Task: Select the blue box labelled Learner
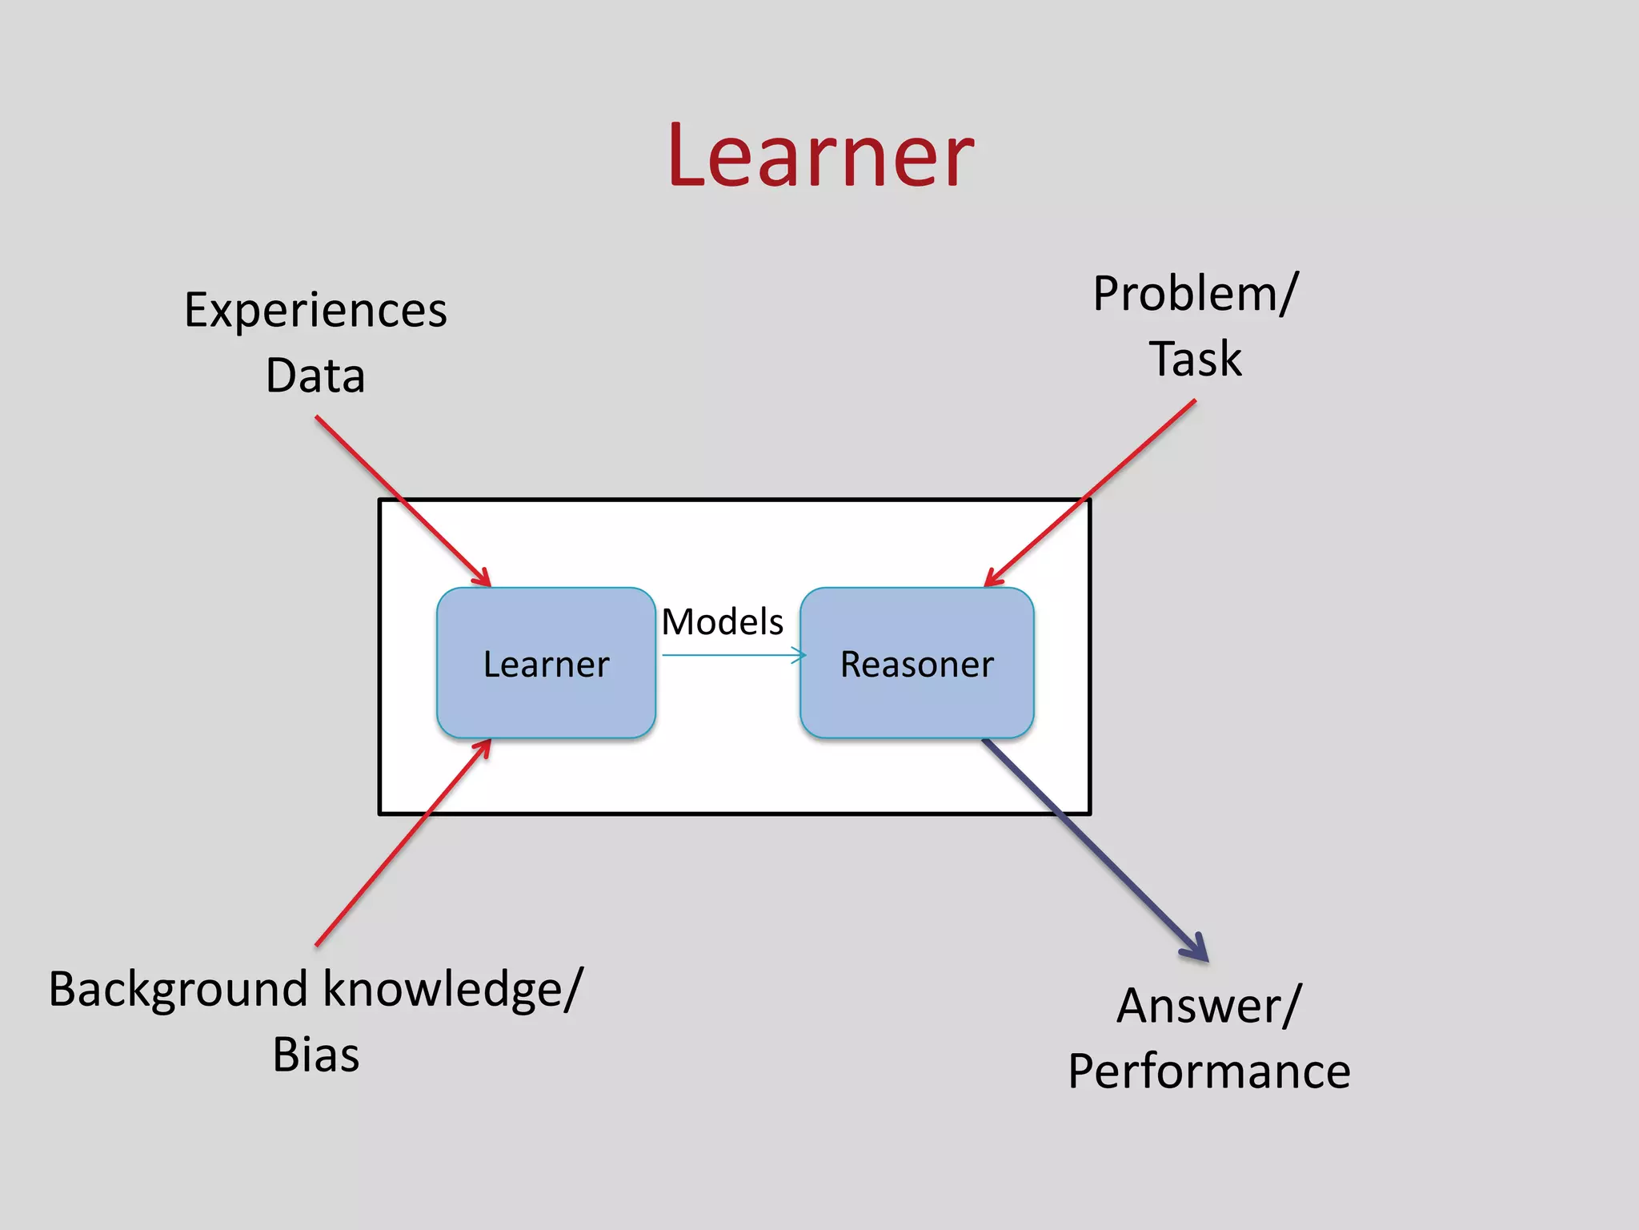click(x=546, y=663)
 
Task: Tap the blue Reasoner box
click(x=916, y=663)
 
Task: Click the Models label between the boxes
click(x=722, y=621)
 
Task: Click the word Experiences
click(x=315, y=310)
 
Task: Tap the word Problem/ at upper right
click(x=1195, y=293)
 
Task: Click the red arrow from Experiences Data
click(x=400, y=499)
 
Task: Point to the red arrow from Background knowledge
click(x=400, y=845)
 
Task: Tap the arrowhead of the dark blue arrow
click(x=1198, y=950)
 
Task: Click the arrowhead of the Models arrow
click(x=799, y=655)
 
